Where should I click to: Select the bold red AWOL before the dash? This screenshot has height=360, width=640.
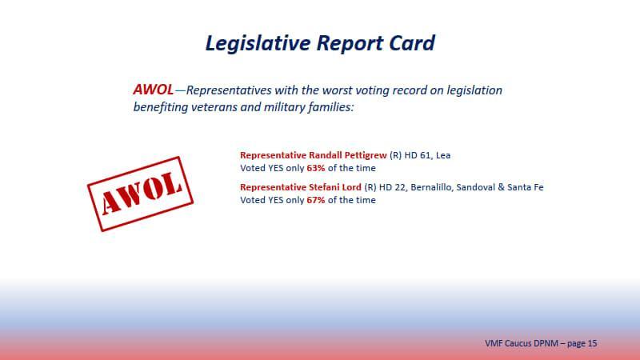pos(153,90)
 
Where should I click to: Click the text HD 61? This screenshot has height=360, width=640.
pos(417,155)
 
